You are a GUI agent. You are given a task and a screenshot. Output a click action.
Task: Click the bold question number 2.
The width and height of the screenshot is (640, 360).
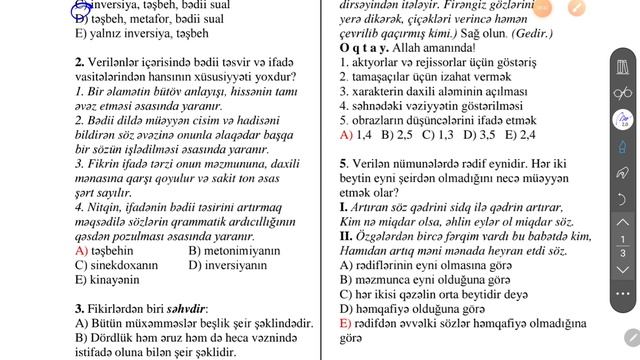click(79, 61)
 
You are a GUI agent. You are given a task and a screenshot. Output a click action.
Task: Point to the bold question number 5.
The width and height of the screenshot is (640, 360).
click(343, 163)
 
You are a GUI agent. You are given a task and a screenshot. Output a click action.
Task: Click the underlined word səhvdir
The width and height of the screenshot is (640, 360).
click(189, 309)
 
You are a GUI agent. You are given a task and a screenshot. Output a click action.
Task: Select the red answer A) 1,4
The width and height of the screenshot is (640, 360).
click(356, 133)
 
